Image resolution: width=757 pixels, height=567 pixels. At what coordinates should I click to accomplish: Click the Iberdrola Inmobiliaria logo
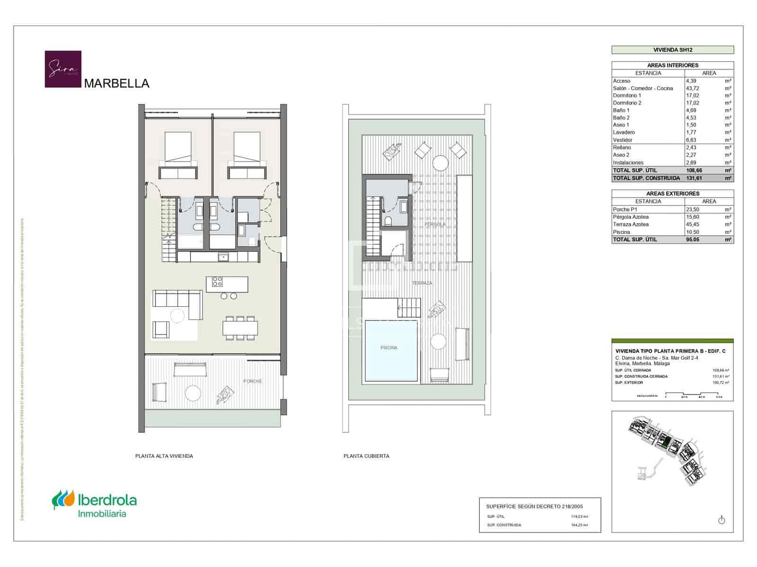[94, 506]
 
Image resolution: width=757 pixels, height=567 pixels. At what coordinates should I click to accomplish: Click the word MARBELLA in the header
[116, 84]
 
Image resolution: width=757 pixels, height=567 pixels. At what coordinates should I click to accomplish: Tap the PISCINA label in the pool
[389, 348]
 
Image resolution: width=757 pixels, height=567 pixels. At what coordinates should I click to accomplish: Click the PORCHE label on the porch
[253, 381]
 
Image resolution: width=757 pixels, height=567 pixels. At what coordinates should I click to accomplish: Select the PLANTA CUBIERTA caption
[366, 456]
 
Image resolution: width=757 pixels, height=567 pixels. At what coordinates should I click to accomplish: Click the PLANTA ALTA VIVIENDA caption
[164, 456]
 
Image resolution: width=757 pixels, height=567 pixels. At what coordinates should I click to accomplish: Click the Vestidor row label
[623, 140]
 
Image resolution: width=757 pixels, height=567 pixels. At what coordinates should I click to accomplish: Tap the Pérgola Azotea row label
[631, 217]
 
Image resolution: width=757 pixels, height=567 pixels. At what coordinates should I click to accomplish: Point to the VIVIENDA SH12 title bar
[672, 50]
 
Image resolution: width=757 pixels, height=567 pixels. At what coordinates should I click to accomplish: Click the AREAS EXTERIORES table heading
[672, 194]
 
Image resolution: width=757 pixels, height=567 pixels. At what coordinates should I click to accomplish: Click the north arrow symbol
[722, 520]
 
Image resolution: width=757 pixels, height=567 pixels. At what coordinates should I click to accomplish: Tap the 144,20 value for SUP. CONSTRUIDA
[579, 525]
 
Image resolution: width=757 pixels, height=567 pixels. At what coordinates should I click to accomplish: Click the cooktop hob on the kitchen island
[217, 282]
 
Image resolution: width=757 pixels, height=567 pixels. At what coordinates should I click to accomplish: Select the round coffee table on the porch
[193, 393]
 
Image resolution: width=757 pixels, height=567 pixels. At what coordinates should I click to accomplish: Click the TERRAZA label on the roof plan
[422, 283]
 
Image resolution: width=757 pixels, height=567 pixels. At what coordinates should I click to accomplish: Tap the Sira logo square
[63, 69]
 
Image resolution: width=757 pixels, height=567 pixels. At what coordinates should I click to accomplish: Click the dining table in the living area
[240, 328]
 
